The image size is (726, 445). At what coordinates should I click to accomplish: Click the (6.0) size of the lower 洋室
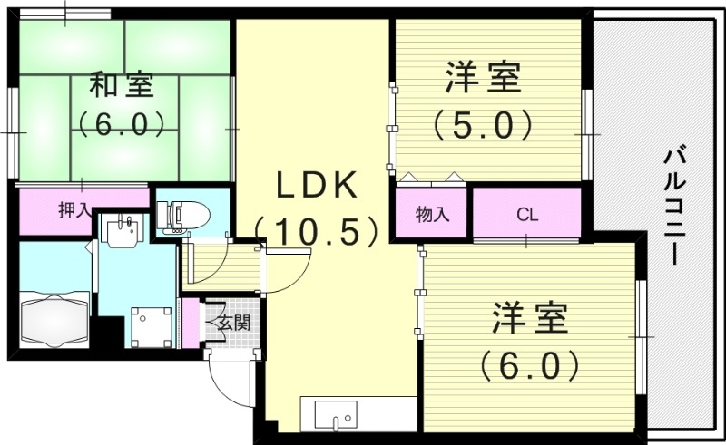click(530, 364)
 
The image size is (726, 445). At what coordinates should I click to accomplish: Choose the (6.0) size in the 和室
click(121, 122)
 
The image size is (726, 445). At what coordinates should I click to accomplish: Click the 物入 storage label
click(432, 215)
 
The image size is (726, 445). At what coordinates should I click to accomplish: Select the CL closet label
click(527, 215)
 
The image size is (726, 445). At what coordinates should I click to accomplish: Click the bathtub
click(54, 319)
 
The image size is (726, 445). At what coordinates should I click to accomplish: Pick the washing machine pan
click(150, 325)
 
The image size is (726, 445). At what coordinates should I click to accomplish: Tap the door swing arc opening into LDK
click(286, 269)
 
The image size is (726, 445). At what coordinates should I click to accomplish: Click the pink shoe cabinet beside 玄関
click(191, 322)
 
